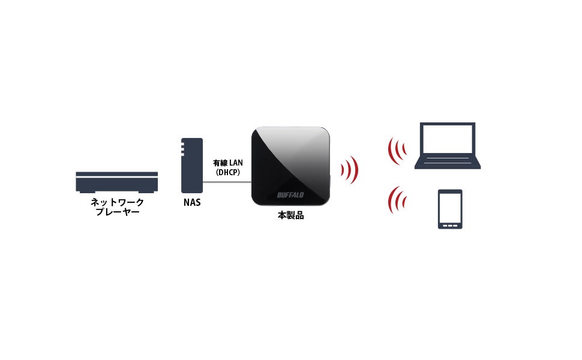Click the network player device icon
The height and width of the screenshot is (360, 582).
tap(116, 182)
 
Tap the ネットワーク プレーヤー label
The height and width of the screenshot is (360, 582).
tap(117, 207)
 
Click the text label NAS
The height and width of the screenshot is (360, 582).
tap(191, 202)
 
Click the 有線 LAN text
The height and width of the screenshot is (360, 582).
tap(228, 163)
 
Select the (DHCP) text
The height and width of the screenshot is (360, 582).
tap(228, 172)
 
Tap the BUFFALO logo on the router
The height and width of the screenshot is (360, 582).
tap(290, 194)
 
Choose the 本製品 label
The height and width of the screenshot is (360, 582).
tap(290, 215)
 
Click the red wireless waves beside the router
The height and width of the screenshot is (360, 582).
tap(350, 170)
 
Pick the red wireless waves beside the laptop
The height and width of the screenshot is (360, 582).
tap(396, 151)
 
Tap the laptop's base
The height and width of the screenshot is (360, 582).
tap(448, 164)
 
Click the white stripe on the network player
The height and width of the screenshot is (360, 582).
tap(116, 175)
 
